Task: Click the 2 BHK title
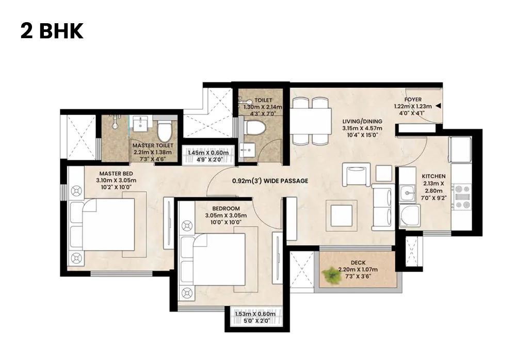52,31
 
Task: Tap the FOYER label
413,100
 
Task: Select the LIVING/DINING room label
362,122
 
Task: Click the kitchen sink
409,194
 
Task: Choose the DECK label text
358,263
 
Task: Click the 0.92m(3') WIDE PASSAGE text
270,181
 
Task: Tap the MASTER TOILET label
153,146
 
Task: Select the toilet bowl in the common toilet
254,127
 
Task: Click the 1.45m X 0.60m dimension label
208,153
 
